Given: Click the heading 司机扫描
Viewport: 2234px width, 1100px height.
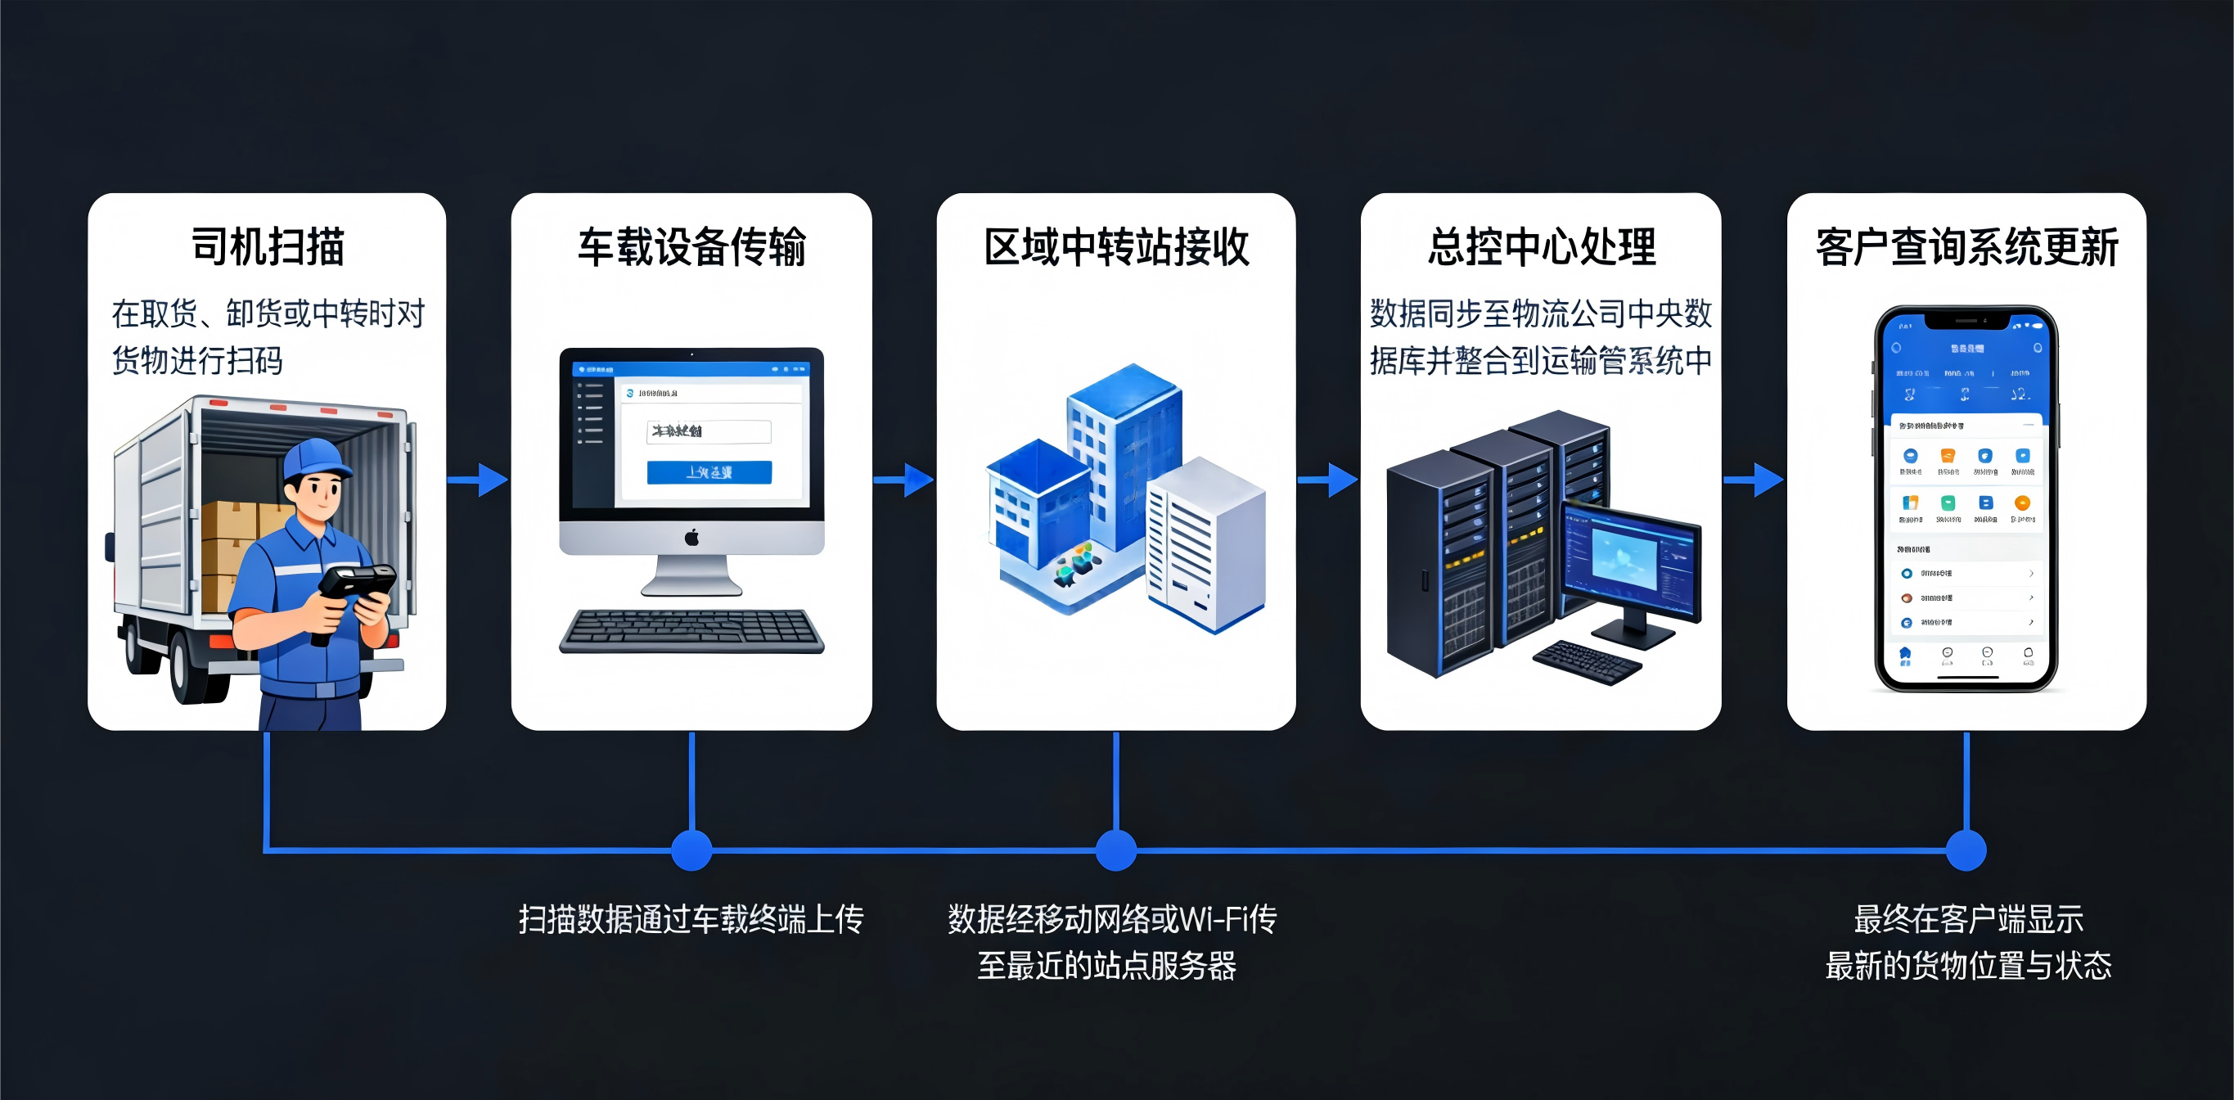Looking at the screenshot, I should (x=267, y=247).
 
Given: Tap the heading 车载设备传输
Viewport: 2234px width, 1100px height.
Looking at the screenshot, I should (x=691, y=247).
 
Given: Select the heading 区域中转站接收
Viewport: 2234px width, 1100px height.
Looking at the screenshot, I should (x=1116, y=247).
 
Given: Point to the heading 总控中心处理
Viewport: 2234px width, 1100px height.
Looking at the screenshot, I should (x=1541, y=247).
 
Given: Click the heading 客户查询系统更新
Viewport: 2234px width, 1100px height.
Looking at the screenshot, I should (x=1967, y=248).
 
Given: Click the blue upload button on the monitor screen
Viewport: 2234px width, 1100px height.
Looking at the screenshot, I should (x=709, y=472).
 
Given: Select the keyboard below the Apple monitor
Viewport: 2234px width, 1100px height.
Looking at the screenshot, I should (x=691, y=631).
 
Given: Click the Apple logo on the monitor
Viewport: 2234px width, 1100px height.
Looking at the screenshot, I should (x=691, y=538).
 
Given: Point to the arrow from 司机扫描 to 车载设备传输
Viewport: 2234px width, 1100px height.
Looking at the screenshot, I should (x=478, y=479).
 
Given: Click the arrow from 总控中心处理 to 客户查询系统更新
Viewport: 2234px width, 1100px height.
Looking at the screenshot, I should (x=1754, y=479).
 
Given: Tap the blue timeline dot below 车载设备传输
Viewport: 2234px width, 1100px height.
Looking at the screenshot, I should (x=691, y=850).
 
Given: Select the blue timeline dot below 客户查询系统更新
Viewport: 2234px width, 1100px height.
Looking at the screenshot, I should (x=1966, y=850).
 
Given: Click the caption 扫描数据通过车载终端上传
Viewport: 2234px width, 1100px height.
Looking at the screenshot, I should (x=691, y=918).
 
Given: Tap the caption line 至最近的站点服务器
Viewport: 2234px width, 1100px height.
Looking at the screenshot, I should (x=1106, y=966).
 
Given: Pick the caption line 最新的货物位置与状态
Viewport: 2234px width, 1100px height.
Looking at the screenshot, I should (x=1968, y=966).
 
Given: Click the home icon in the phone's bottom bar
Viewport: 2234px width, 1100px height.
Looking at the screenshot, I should (x=1904, y=655).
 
